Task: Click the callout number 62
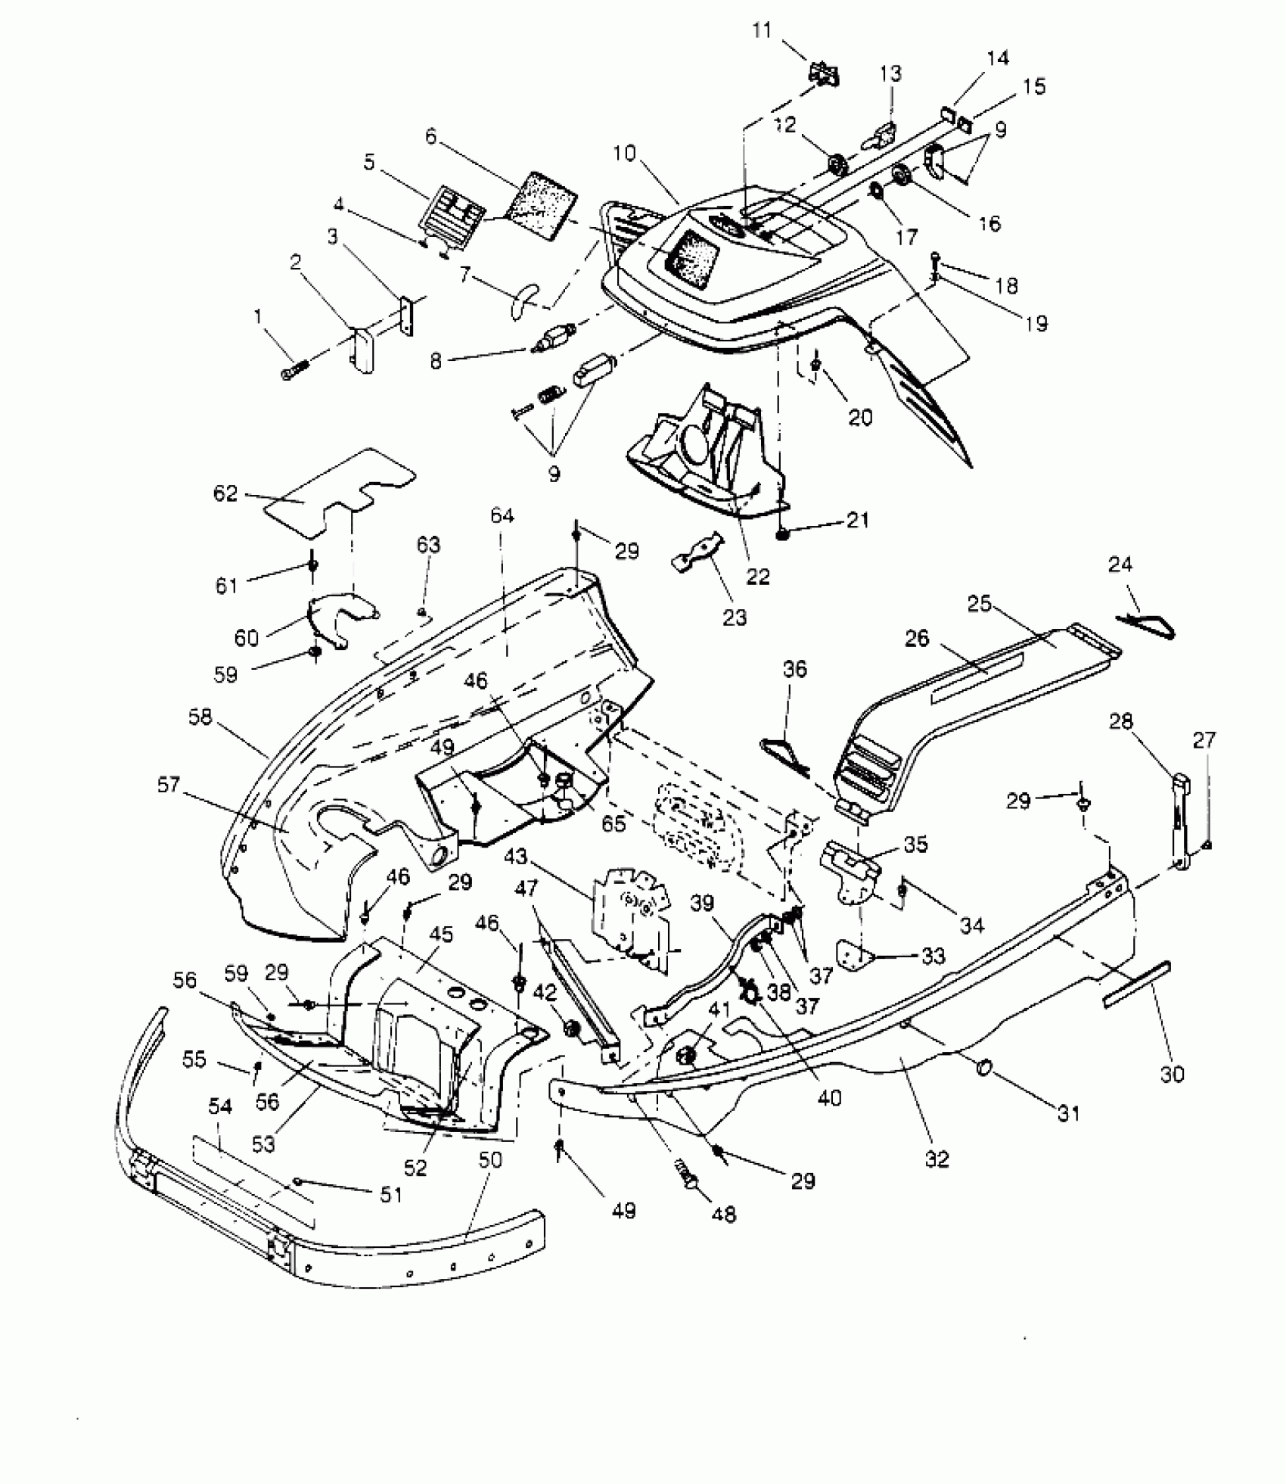click(x=225, y=493)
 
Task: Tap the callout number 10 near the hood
click(x=625, y=154)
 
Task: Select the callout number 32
click(x=937, y=1159)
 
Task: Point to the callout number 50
click(x=490, y=1159)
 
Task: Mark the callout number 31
click(x=1068, y=1113)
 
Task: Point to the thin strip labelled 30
click(x=1136, y=984)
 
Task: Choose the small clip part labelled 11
click(x=824, y=74)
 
